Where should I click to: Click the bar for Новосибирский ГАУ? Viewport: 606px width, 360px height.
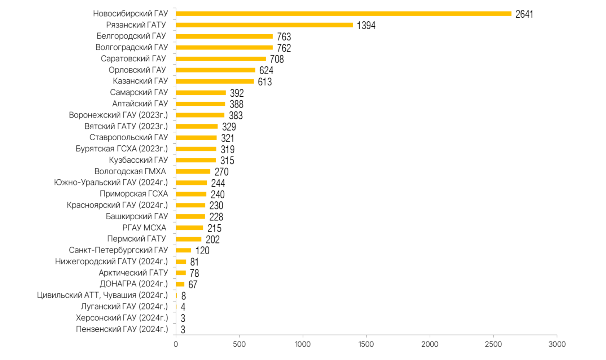click(343, 14)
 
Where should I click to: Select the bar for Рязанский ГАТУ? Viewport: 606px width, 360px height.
click(264, 25)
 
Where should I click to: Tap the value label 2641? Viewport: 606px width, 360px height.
click(524, 14)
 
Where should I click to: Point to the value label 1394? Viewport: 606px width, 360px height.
click(366, 25)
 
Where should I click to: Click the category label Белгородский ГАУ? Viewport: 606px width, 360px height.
click(131, 36)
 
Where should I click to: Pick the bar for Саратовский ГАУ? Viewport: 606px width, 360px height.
click(221, 59)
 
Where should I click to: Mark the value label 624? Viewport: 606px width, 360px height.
click(266, 71)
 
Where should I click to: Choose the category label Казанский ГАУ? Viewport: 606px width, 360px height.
click(140, 81)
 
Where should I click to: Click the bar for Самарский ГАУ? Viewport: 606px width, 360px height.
click(201, 93)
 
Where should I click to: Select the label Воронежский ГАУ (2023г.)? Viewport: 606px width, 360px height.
click(118, 115)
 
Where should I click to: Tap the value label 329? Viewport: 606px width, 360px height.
click(229, 127)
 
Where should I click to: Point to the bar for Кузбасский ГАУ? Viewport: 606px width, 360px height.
click(196, 161)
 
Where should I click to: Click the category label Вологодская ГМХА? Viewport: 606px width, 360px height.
click(130, 171)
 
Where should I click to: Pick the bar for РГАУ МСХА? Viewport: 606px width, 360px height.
click(189, 228)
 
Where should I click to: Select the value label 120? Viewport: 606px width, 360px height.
click(202, 251)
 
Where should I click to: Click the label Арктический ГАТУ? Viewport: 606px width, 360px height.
click(133, 273)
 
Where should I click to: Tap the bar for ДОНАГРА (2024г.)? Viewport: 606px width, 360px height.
click(180, 284)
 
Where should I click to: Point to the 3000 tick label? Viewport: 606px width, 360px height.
click(557, 344)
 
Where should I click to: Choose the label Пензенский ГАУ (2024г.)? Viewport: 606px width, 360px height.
click(122, 329)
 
